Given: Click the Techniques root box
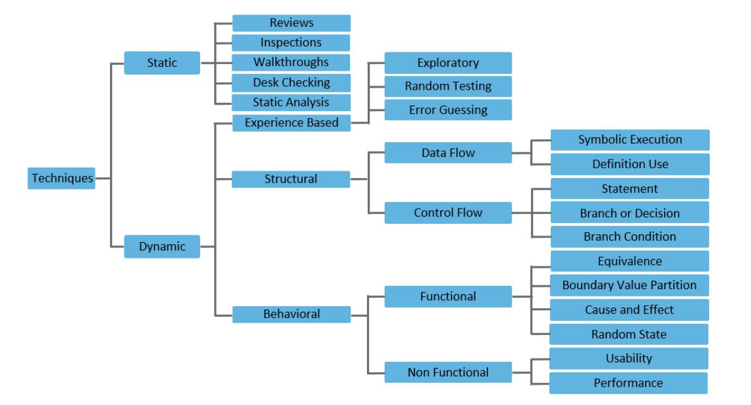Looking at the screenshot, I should tap(61, 177).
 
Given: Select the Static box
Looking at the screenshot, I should tap(162, 63).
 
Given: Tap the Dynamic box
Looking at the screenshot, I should tap(162, 247).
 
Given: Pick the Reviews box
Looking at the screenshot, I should tap(291, 23).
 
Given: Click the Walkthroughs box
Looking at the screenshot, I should tap(291, 63).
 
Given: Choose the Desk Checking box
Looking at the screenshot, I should tap(291, 82).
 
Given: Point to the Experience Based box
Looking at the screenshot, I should tap(291, 122).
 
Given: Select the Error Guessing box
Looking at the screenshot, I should tap(447, 110).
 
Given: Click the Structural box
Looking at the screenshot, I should tap(291, 179).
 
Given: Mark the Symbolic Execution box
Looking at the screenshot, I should tap(629, 139).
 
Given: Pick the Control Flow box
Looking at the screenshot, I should tap(447, 213).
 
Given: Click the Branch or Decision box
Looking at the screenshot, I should tap(629, 213).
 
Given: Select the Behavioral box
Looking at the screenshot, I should tap(291, 314).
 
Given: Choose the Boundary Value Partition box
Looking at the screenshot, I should tap(629, 285).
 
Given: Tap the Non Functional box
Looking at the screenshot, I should tap(447, 373).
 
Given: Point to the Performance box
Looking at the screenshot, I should tap(628, 383).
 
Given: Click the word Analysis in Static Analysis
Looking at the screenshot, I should tap(307, 102).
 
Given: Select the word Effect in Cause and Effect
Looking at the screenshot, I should tap(655, 309).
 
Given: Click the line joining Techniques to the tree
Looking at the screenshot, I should tap(103, 177).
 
